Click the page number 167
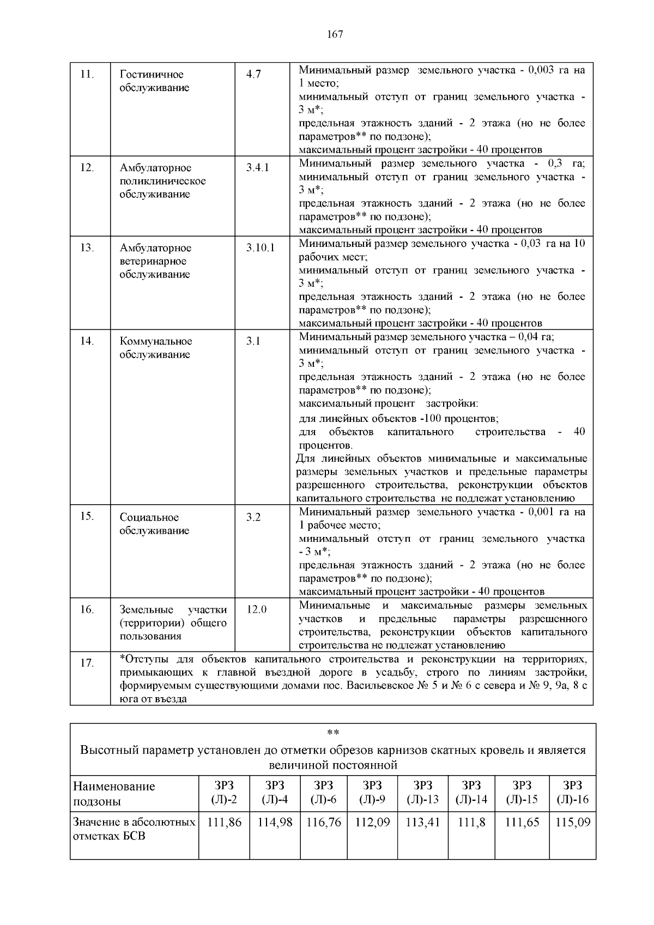click(335, 34)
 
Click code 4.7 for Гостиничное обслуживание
click(253, 74)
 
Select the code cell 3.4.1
click(257, 167)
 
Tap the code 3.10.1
click(260, 247)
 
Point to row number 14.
click(87, 341)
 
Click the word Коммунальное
click(156, 341)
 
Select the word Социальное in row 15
click(149, 517)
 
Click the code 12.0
click(256, 609)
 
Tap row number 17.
click(87, 663)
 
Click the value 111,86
click(224, 823)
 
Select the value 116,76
click(324, 823)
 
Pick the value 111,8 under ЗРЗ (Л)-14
click(471, 823)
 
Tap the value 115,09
click(572, 823)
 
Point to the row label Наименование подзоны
click(114, 794)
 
